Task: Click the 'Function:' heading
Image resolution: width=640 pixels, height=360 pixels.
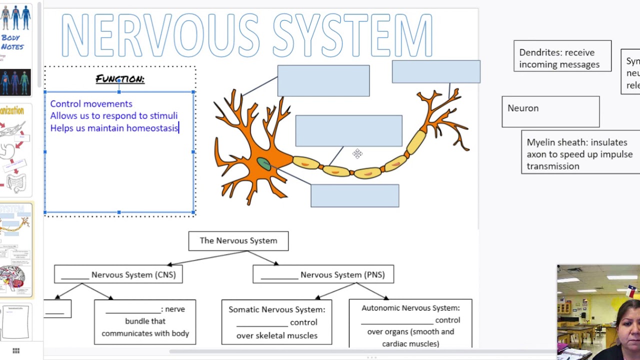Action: [x=120, y=79]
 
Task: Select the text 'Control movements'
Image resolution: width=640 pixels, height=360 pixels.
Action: [x=91, y=104]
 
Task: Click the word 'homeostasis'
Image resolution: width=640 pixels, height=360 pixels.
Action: [x=152, y=128]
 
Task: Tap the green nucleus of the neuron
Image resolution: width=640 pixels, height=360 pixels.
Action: [x=264, y=163]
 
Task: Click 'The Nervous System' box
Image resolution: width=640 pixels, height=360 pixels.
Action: [x=238, y=241]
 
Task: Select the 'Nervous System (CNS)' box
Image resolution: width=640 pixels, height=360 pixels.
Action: [x=118, y=274]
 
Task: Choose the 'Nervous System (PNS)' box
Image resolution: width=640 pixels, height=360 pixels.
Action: [x=323, y=274]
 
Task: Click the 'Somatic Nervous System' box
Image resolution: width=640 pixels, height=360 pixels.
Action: [x=276, y=322]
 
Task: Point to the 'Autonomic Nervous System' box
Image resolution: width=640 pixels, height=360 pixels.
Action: [x=410, y=325]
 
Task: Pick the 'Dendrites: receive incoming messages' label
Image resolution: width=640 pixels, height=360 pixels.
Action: [x=562, y=58]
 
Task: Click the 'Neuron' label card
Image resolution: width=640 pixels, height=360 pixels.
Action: [x=550, y=111]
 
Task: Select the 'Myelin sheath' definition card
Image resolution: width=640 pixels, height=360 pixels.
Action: [x=580, y=154]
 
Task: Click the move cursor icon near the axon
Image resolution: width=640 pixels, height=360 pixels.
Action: [x=357, y=153]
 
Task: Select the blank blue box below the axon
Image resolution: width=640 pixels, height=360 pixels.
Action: [x=354, y=195]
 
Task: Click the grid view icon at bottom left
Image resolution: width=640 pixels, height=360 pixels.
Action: [x=16, y=351]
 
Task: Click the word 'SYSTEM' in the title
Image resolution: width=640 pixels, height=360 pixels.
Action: [x=352, y=36]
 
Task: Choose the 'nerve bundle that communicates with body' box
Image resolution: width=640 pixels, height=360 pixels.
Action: [x=145, y=321]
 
